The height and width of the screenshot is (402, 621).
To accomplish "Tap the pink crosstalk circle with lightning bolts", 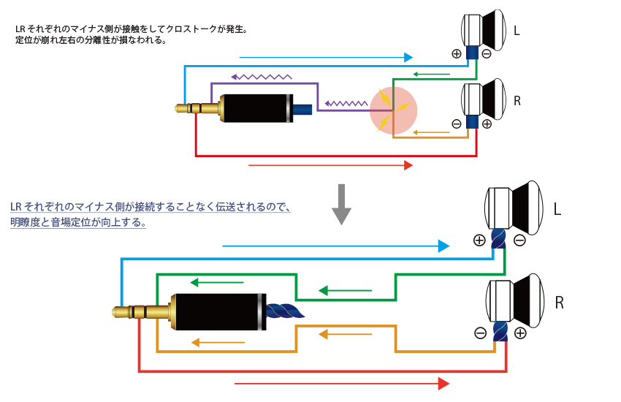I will (x=393, y=111).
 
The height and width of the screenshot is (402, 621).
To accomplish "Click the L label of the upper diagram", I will (x=518, y=31).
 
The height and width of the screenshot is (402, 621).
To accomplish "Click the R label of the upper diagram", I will (x=517, y=102).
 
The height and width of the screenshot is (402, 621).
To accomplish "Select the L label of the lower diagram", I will (x=557, y=210).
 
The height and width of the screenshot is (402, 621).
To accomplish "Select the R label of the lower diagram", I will (x=560, y=302).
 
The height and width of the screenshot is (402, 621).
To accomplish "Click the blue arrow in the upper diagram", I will (x=326, y=57).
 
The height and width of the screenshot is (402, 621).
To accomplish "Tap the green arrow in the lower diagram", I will (x=346, y=291).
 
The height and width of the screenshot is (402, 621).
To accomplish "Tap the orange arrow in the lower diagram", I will (x=345, y=335).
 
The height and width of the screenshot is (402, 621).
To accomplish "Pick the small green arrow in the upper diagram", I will (x=431, y=73).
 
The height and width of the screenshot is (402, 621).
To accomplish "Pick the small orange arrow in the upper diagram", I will (x=431, y=132).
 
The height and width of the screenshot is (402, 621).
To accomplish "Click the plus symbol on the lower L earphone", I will (x=479, y=240).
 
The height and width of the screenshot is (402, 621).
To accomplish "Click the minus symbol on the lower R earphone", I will (x=480, y=333).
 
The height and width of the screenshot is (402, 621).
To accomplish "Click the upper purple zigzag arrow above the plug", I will (x=261, y=75).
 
